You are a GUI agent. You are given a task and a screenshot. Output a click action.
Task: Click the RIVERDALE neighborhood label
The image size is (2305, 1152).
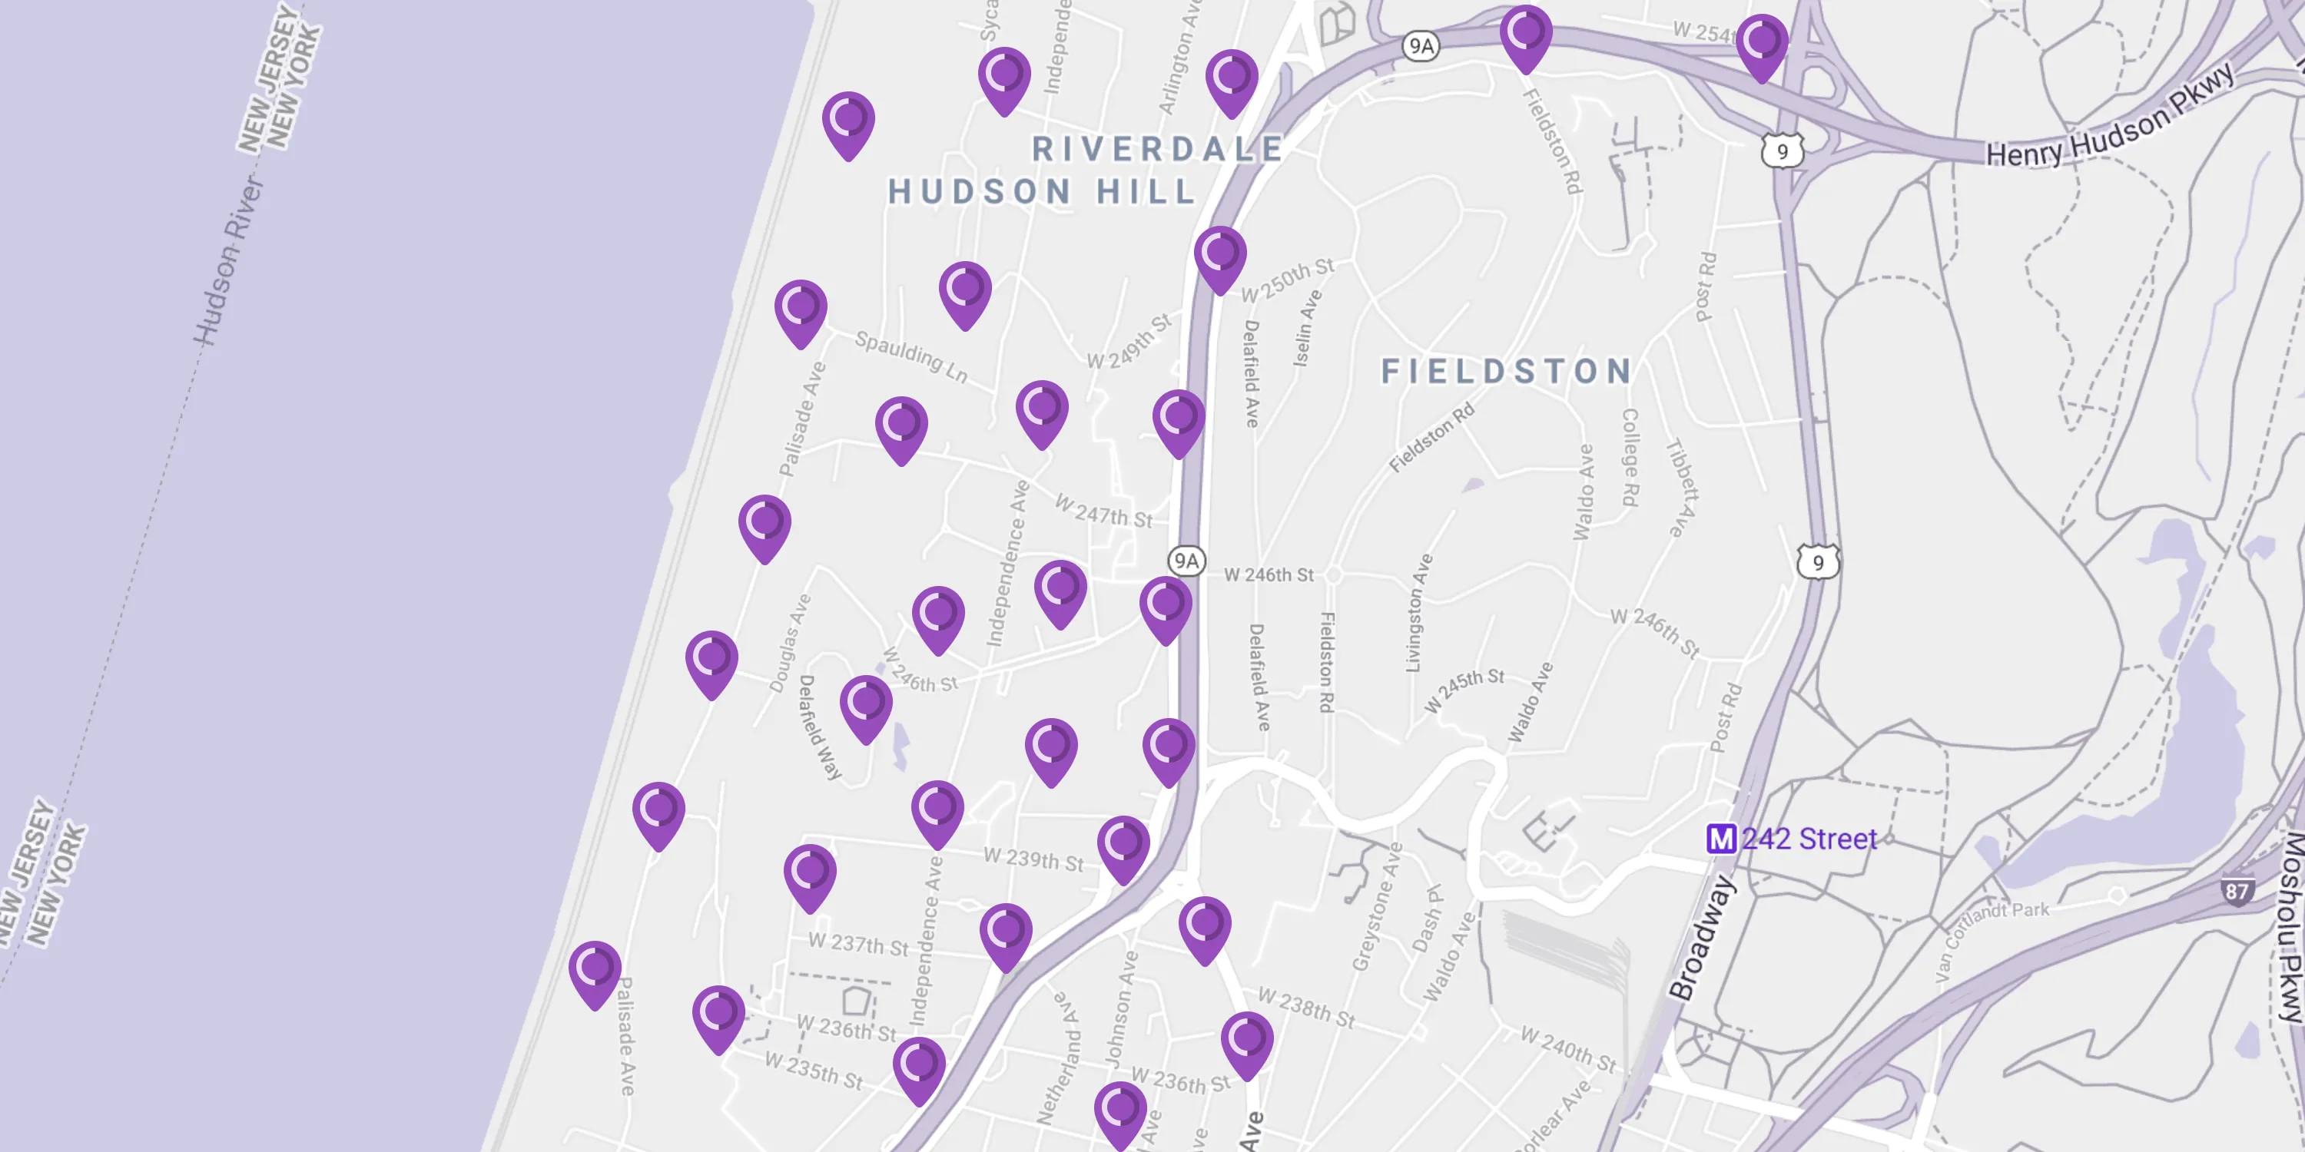[x=1158, y=149]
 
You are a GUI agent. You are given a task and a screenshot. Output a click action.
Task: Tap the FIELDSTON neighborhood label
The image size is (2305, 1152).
[x=1507, y=371]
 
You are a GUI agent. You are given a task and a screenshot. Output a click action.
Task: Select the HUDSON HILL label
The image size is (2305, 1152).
[x=1043, y=191]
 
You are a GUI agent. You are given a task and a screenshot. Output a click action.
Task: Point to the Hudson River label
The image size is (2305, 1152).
[x=229, y=260]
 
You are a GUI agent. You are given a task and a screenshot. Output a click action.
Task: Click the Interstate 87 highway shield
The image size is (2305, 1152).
[x=2236, y=891]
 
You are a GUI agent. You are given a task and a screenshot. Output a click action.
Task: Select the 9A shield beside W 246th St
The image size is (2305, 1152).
[x=1186, y=561]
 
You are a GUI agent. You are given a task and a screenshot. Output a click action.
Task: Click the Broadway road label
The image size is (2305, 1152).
[x=1702, y=936]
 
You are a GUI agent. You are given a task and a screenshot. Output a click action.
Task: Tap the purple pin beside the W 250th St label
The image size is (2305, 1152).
[x=1219, y=257]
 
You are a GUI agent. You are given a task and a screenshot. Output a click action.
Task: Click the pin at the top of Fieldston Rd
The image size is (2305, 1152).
[x=1526, y=37]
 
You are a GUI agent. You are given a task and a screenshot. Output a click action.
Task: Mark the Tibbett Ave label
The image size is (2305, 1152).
[x=1680, y=488]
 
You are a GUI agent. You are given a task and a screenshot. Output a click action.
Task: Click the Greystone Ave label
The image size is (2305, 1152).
[x=1376, y=906]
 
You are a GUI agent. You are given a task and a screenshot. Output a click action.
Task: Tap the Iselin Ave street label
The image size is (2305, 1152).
[x=1307, y=327]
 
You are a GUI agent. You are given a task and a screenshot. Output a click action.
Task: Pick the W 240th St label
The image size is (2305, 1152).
[x=1569, y=1049]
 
